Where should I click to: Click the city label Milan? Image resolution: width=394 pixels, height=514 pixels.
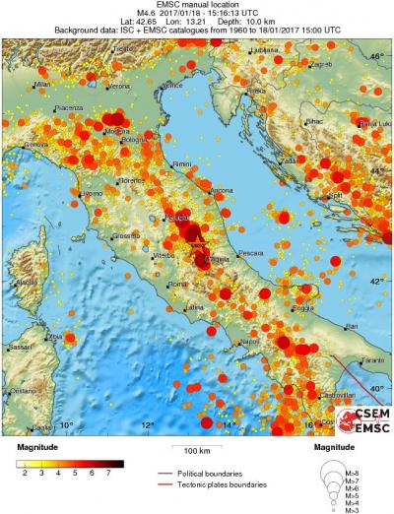[41, 86]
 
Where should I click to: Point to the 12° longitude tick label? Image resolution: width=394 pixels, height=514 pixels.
[147, 425]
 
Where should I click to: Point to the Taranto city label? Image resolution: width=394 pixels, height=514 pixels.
[370, 361]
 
